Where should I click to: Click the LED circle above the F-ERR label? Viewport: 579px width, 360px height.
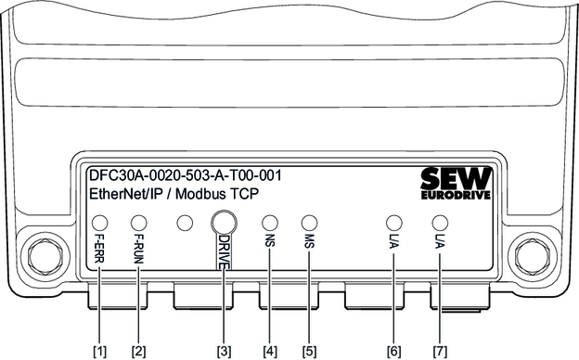[99, 223]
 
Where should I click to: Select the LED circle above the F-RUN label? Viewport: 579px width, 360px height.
[139, 223]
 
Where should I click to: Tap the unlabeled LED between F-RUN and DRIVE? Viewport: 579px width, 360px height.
[185, 223]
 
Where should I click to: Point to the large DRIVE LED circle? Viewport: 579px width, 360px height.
[224, 223]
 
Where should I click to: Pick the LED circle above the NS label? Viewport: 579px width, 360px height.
[270, 223]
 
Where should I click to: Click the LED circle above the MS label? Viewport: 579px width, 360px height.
[309, 223]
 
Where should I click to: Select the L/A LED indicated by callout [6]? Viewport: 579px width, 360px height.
[394, 223]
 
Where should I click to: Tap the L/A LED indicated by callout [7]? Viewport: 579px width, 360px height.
[440, 223]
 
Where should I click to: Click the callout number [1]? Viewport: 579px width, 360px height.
[99, 351]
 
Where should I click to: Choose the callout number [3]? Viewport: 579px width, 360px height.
[224, 351]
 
